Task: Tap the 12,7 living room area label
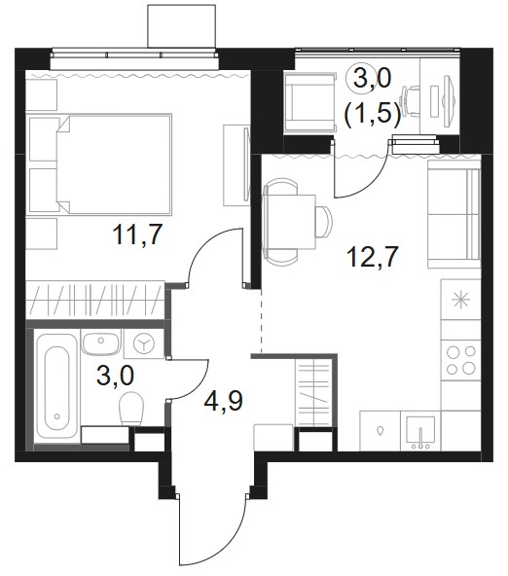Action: (x=373, y=256)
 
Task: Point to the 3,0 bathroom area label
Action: (x=116, y=376)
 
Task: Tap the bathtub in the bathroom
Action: (x=56, y=385)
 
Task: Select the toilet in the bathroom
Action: (x=131, y=408)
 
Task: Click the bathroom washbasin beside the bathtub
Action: (x=100, y=342)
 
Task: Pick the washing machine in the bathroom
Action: (x=144, y=343)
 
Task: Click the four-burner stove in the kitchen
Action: (x=461, y=360)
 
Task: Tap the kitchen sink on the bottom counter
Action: (x=421, y=430)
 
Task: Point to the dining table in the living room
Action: (x=290, y=221)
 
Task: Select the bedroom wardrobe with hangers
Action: (x=95, y=300)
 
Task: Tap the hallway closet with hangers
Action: (x=313, y=392)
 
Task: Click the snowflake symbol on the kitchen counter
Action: (x=461, y=300)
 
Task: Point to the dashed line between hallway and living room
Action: (x=261, y=321)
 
